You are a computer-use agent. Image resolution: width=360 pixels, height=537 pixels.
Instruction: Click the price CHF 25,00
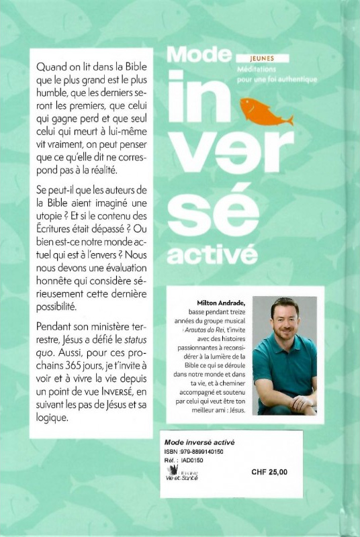coord(269,472)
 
